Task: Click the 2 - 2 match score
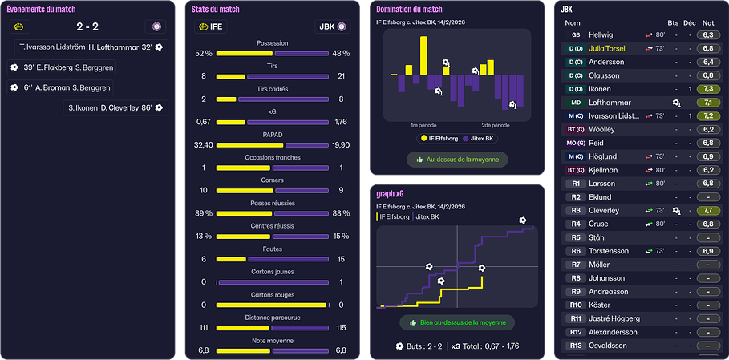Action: point(87,26)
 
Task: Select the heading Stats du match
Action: point(216,9)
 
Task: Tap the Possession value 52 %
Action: point(204,53)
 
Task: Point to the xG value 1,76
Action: point(341,122)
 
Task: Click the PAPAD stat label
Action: point(273,135)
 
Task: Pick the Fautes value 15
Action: point(341,259)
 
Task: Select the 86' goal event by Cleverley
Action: point(115,107)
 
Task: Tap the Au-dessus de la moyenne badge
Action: point(458,160)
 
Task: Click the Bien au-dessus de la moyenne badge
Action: point(458,322)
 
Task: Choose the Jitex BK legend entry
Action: point(480,138)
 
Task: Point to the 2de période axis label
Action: point(496,126)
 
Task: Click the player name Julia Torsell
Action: point(607,48)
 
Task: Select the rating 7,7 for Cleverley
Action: point(707,210)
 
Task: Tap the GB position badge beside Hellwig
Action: point(575,35)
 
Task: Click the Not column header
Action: point(707,22)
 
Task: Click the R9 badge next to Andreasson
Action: point(575,292)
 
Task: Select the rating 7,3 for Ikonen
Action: point(707,89)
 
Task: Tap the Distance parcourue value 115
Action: point(341,328)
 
